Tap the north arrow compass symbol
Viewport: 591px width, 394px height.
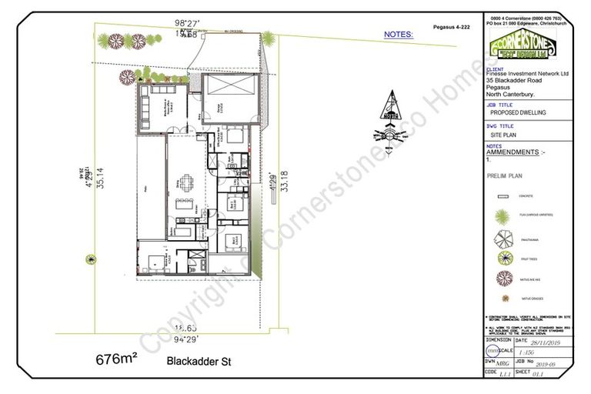pyautogui.click(x=392, y=115)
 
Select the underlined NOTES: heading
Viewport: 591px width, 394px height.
pyautogui.click(x=399, y=35)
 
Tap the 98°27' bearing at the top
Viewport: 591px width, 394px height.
pyautogui.click(x=187, y=25)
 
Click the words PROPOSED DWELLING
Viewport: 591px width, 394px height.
pyautogui.click(x=518, y=112)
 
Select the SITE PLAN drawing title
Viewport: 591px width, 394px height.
pyautogui.click(x=504, y=134)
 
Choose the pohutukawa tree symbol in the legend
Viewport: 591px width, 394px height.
pyautogui.click(x=504, y=238)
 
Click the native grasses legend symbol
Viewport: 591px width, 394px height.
pyautogui.click(x=504, y=296)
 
